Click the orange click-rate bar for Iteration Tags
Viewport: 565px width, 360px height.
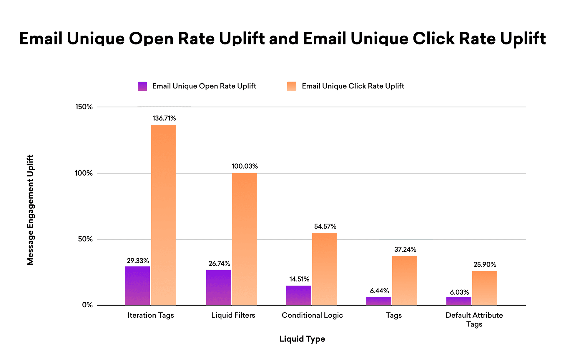pyautogui.click(x=164, y=215)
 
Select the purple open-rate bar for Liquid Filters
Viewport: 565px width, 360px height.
pyautogui.click(x=219, y=288)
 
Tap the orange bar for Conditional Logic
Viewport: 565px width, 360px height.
pyautogui.click(x=325, y=269)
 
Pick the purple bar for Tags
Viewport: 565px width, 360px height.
pyautogui.click(x=379, y=301)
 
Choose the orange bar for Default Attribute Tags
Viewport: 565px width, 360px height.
pyautogui.click(x=485, y=288)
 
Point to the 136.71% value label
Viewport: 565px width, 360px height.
pyautogui.click(x=164, y=118)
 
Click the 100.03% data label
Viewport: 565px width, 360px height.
pyautogui.click(x=245, y=166)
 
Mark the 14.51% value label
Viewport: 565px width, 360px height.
pyautogui.click(x=299, y=279)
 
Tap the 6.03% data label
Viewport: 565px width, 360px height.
pyautogui.click(x=459, y=292)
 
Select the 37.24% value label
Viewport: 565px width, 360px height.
pyautogui.click(x=405, y=249)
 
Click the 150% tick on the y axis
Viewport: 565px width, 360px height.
pyautogui.click(x=84, y=107)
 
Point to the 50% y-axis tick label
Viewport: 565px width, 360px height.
pyautogui.click(x=85, y=239)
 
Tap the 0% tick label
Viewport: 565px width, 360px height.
pyautogui.click(x=87, y=305)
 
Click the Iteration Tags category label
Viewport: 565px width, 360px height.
pyautogui.click(x=151, y=315)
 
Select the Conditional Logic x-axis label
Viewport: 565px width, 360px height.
pyautogui.click(x=312, y=315)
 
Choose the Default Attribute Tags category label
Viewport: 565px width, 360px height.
pyautogui.click(x=474, y=319)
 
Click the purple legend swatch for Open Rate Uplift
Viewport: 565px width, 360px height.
pyautogui.click(x=142, y=86)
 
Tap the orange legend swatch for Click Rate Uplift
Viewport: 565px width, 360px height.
pyautogui.click(x=292, y=86)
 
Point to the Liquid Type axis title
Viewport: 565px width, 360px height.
pyautogui.click(x=302, y=339)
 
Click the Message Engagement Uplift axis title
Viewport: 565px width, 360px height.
pyautogui.click(x=30, y=210)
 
